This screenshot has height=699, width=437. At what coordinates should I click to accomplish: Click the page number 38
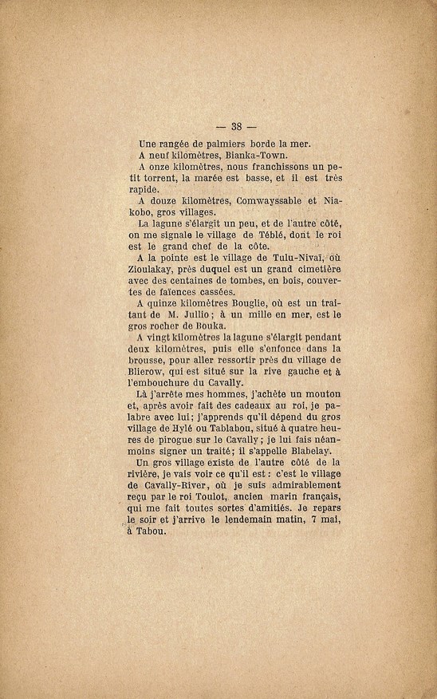236,126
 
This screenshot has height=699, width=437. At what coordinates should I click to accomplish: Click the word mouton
320,394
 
